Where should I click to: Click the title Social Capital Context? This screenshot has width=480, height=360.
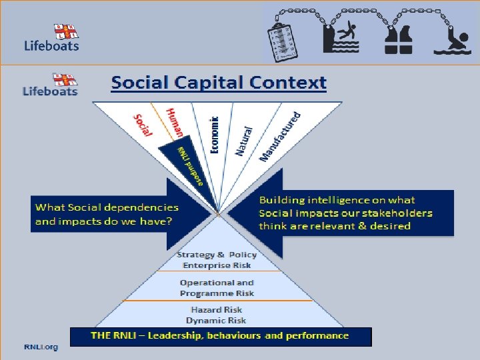coord(219,83)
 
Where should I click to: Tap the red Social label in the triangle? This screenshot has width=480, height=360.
coord(143,125)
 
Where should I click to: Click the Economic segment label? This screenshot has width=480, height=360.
coord(214,133)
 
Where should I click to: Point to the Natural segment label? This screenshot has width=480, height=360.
coord(244,141)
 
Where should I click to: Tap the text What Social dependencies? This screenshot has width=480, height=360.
coord(107,208)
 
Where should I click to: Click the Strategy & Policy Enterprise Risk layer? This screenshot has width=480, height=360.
coord(217,260)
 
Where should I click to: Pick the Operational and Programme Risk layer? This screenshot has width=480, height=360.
coord(217,287)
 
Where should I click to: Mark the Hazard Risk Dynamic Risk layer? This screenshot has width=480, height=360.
coord(217,315)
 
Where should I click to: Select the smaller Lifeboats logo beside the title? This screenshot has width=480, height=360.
coord(50,85)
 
